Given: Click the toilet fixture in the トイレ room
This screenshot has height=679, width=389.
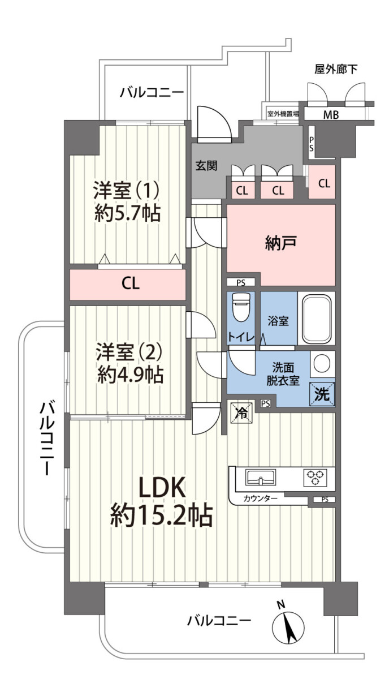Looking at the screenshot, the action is coord(241,307).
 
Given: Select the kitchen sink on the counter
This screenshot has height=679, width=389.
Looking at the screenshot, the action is coord(260,478).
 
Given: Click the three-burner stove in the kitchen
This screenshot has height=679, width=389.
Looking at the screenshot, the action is coord(315,478).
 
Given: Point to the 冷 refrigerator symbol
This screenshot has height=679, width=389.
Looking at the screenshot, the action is coord(241,412).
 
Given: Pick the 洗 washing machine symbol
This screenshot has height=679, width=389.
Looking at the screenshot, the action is coord(322,394).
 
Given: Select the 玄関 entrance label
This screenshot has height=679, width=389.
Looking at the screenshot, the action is coord(206,165).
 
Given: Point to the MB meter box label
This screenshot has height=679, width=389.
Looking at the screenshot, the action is coord(331,115).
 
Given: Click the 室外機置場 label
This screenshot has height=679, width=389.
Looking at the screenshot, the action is coord(283,114).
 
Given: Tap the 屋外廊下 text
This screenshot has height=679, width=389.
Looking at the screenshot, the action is coord(336,70).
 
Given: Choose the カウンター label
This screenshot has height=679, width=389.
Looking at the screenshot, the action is coord(261,498).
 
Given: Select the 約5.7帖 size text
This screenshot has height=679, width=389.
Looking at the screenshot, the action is coord(128,214).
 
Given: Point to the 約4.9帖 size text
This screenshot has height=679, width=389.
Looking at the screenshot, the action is coord(130,375).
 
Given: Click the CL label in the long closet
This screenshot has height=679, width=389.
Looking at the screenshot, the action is coord(131,283).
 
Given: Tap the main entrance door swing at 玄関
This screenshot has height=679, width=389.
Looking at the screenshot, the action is coord(214,124).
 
